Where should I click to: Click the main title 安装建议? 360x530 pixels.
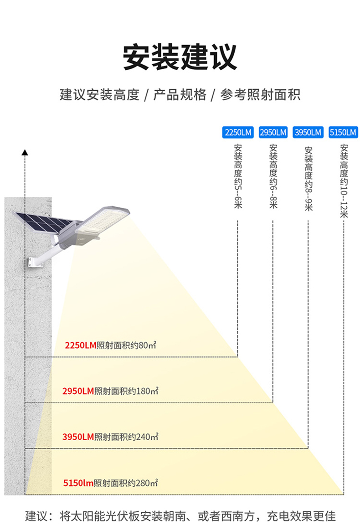pyautogui.click(x=180, y=57)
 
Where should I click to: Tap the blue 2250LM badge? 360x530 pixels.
pyautogui.click(x=237, y=133)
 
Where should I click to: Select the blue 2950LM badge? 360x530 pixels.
pyautogui.click(x=273, y=133)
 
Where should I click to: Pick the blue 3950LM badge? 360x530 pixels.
pyautogui.click(x=308, y=133)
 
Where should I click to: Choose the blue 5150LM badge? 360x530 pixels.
pyautogui.click(x=343, y=133)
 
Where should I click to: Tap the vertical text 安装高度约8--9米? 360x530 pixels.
pyautogui.click(x=308, y=178)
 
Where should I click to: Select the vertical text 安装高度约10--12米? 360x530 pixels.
pyautogui.click(x=344, y=180)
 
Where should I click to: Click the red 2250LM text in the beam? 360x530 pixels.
pyautogui.click(x=81, y=345)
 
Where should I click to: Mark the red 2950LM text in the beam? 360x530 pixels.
pyautogui.click(x=78, y=391)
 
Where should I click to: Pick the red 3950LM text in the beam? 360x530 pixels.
pyautogui.click(x=78, y=437)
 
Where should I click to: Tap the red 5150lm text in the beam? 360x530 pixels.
pyautogui.click(x=78, y=483)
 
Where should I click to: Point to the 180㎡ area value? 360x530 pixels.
pyautogui.click(x=147, y=391)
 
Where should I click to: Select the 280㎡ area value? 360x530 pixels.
pyautogui.click(x=147, y=483)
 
